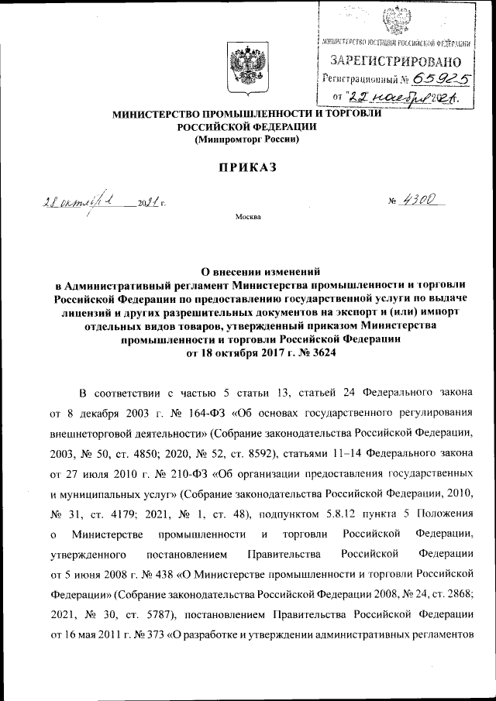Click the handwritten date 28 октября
(78, 203)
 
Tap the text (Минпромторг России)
(246, 140)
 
